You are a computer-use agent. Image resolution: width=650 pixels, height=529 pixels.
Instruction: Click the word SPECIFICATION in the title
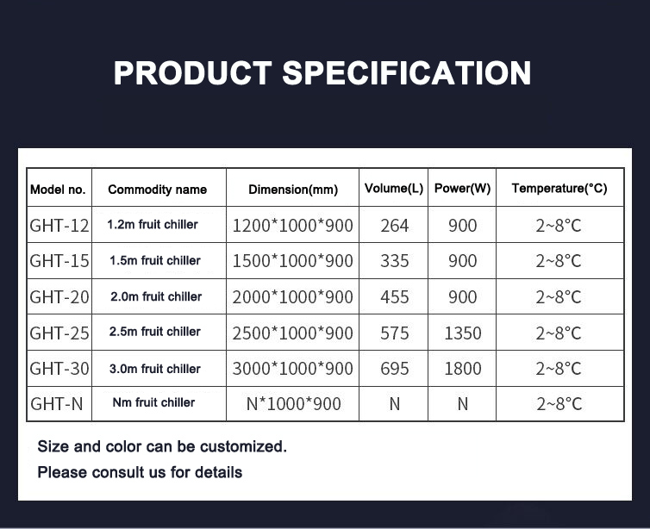pos(407,73)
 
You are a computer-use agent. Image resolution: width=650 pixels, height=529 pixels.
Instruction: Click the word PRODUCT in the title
pos(193,73)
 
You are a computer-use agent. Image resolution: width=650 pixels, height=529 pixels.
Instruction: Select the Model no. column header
pos(58,190)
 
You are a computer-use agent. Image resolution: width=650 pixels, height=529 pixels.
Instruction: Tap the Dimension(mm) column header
pos(293,190)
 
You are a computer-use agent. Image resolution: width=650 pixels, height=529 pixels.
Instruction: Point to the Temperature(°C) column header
pos(559,189)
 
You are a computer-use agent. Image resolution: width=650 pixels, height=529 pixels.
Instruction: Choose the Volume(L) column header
pos(394,189)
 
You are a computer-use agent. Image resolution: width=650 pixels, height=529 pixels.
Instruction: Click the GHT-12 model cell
pos(59,226)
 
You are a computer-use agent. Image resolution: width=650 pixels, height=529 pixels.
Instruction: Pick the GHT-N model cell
pos(57,404)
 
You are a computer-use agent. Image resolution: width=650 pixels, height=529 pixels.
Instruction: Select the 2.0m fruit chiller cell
pos(156,296)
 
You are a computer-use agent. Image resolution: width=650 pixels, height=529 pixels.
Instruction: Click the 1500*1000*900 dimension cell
pos(292,261)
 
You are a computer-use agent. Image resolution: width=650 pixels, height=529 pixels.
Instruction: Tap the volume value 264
pos(395,226)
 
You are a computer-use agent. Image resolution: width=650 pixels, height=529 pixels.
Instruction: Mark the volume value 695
pos(395,369)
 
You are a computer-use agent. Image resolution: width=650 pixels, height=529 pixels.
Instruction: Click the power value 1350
pos(463,333)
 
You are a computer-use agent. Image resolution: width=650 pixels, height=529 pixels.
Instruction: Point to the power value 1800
pos(463,369)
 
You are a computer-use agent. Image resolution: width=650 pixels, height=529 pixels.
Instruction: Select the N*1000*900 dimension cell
pos(293,404)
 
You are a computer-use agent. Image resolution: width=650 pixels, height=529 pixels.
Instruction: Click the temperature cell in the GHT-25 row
pos(559,333)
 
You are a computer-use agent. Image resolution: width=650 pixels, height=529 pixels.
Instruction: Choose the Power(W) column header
pos(462,189)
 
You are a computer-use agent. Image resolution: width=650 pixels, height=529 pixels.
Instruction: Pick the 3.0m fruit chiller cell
pos(154,369)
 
